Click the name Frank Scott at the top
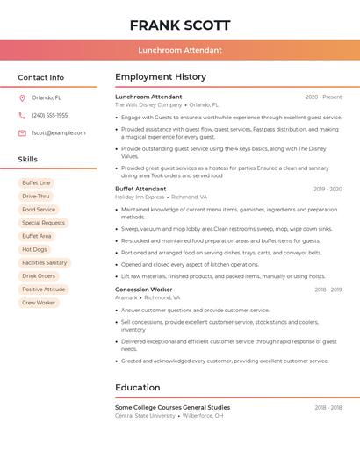pyautogui.click(x=180, y=25)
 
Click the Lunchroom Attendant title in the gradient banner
pyautogui.click(x=180, y=51)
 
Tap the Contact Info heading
pyautogui.click(x=40, y=77)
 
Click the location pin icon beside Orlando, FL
pyautogui.click(x=22, y=97)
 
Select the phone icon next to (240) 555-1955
pyautogui.click(x=22, y=115)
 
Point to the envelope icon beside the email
pyautogui.click(x=22, y=133)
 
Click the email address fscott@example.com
pyautogui.click(x=59, y=133)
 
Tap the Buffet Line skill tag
pyautogui.click(x=37, y=182)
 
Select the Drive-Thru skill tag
pyautogui.click(x=36, y=197)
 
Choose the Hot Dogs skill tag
pyautogui.click(x=35, y=249)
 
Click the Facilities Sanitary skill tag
pyautogui.click(x=45, y=262)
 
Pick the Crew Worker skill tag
pyautogui.click(x=39, y=303)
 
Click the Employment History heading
pyautogui.click(x=161, y=77)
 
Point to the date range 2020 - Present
pyautogui.click(x=323, y=97)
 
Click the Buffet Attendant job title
pyautogui.click(x=140, y=189)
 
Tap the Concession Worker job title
pyautogui.click(x=144, y=290)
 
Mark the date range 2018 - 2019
pyautogui.click(x=328, y=290)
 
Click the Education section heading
pyautogui.click(x=138, y=388)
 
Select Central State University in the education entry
pyautogui.click(x=146, y=416)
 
